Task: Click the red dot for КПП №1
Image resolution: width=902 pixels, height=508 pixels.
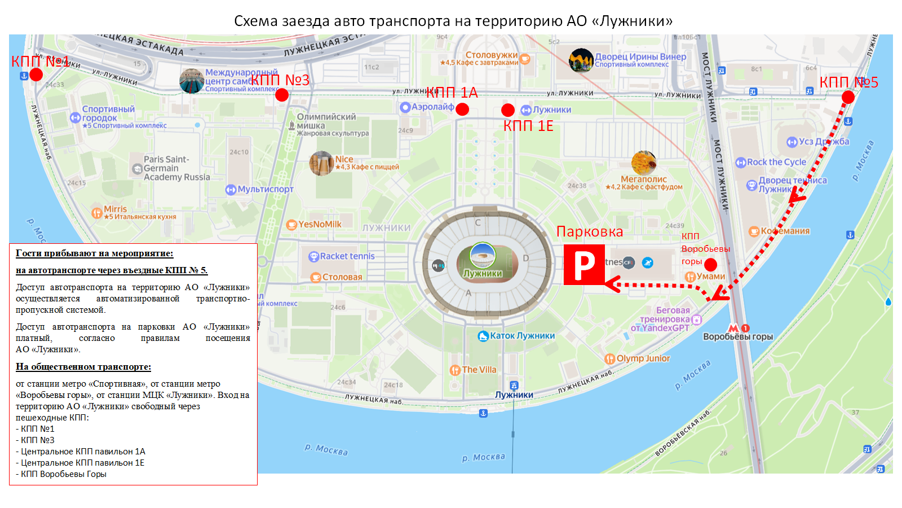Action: click(x=36, y=75)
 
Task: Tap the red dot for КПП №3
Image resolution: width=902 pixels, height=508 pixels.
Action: click(x=282, y=95)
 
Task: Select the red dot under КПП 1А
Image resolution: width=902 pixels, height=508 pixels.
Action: click(x=462, y=109)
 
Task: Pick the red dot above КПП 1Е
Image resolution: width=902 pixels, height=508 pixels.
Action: click(x=508, y=110)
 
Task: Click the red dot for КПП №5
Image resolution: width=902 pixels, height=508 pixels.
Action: click(x=848, y=97)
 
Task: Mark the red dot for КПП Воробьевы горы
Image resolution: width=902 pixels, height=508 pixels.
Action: click(x=711, y=265)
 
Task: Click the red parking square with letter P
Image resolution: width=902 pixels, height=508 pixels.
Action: click(x=584, y=265)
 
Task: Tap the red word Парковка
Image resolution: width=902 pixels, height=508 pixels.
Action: click(x=590, y=232)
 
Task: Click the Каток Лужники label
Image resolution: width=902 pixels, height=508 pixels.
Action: click(x=522, y=336)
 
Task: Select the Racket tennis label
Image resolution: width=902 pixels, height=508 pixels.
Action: click(x=347, y=256)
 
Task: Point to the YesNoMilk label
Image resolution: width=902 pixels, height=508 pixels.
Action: click(x=320, y=224)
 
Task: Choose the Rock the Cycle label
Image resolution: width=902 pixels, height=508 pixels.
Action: click(x=776, y=163)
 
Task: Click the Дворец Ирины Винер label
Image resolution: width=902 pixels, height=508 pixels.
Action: click(x=640, y=57)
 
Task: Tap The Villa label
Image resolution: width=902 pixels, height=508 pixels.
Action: click(x=479, y=370)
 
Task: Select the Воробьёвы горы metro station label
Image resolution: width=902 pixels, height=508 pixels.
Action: click(x=738, y=337)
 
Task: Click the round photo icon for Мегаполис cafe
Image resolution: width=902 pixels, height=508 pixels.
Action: click(x=644, y=163)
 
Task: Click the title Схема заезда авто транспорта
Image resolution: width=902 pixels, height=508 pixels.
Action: click(x=453, y=21)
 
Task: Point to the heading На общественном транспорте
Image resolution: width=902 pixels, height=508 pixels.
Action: click(x=83, y=367)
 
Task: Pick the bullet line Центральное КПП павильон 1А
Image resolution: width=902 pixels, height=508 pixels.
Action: click(x=83, y=452)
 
